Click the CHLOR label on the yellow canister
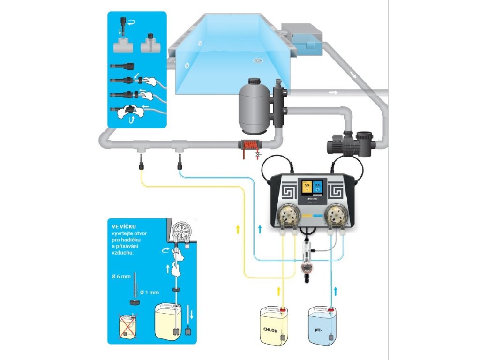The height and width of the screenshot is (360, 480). click(x=271, y=330)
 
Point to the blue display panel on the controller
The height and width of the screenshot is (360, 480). click(x=321, y=188)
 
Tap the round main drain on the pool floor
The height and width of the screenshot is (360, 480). click(x=257, y=60)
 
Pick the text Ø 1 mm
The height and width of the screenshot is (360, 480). click(x=150, y=292)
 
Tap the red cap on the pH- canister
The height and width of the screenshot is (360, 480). click(x=331, y=309)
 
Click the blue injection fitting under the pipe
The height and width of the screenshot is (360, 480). click(x=179, y=164)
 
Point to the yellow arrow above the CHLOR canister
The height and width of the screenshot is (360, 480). click(x=278, y=291)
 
